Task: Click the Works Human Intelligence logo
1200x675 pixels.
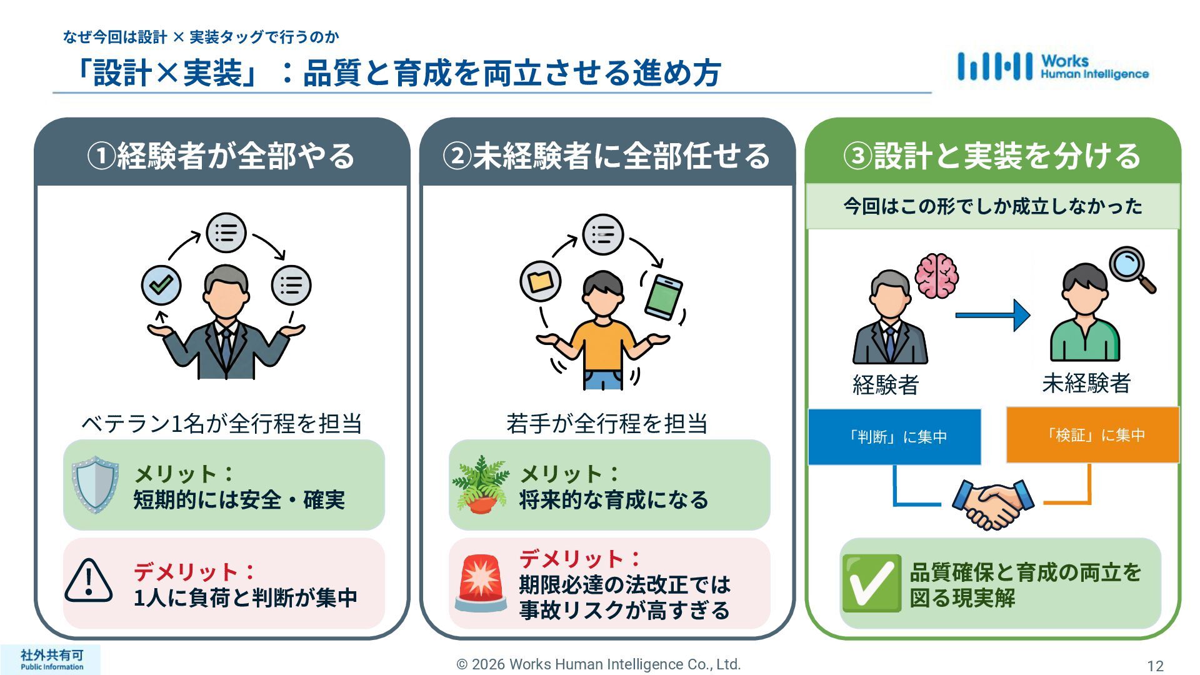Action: pyautogui.click(x=1052, y=67)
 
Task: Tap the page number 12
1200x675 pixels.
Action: pyautogui.click(x=1155, y=666)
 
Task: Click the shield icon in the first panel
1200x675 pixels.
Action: pyautogui.click(x=95, y=484)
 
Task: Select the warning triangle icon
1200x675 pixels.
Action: pyautogui.click(x=89, y=581)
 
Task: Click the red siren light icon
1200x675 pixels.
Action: pyautogui.click(x=480, y=582)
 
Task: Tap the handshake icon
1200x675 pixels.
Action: pyautogui.click(x=992, y=504)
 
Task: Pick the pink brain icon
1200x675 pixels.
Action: pyautogui.click(x=936, y=275)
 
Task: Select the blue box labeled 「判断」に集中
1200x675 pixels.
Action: pyautogui.click(x=894, y=437)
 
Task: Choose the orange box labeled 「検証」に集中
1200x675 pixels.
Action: pyautogui.click(x=1092, y=435)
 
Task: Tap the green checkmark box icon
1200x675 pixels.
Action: pyautogui.click(x=871, y=582)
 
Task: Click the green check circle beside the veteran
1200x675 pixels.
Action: pyautogui.click(x=161, y=285)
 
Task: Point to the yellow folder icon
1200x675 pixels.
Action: pyautogui.click(x=540, y=281)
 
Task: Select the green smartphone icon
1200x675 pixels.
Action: pyautogui.click(x=663, y=297)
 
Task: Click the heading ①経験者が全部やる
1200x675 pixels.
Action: pyautogui.click(x=221, y=155)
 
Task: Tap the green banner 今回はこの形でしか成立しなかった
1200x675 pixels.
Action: pyautogui.click(x=992, y=206)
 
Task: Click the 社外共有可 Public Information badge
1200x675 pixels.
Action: pyautogui.click(x=51, y=659)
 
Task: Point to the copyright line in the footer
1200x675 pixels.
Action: pyautogui.click(x=598, y=664)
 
